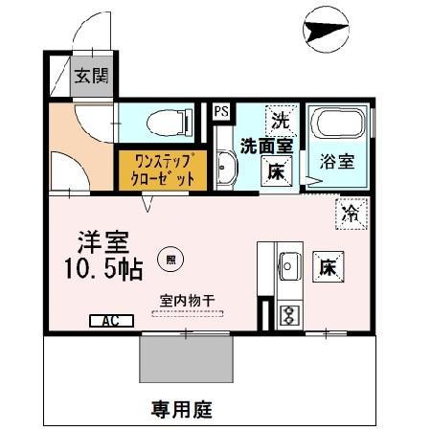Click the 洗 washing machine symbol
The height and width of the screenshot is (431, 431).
[279, 121]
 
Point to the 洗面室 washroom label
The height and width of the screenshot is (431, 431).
[265, 147]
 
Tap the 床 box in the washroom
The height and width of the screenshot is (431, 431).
[275, 173]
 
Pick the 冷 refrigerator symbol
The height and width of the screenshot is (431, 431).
[351, 213]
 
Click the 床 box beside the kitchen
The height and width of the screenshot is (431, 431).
[327, 265]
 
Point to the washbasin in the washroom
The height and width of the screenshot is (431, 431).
[224, 170]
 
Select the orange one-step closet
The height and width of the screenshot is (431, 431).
[161, 170]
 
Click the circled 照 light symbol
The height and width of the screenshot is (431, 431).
[170, 258]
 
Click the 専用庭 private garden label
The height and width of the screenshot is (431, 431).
[182, 410]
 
